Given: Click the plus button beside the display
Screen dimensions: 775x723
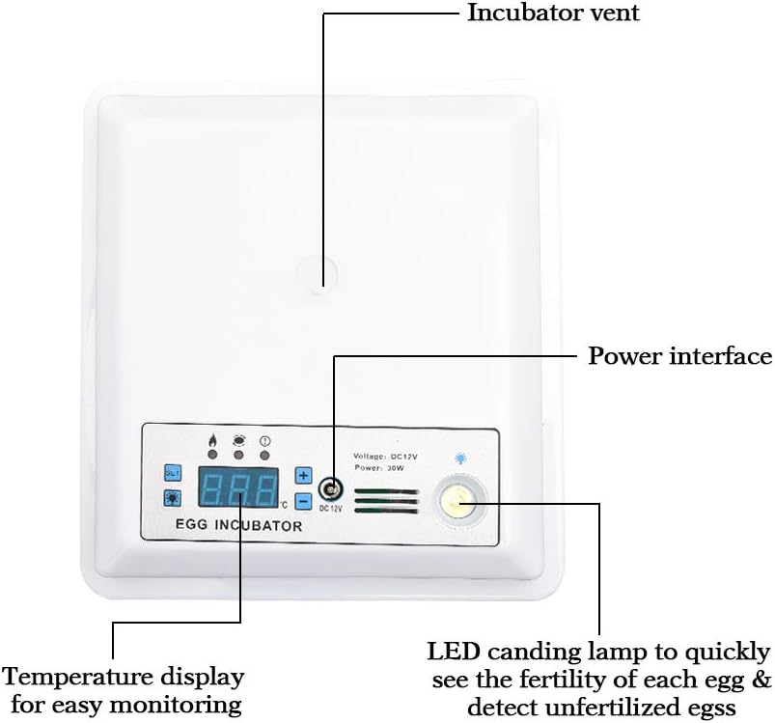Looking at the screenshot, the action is coord(303,476).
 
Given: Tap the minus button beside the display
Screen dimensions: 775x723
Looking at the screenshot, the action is coord(303,501).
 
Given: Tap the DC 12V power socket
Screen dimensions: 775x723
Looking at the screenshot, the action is coord(330,488).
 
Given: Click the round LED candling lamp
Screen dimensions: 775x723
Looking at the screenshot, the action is coord(458,500).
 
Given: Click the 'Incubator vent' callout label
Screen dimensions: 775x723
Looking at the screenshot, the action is coord(553,14).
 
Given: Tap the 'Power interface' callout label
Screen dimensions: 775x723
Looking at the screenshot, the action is coord(680,356).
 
